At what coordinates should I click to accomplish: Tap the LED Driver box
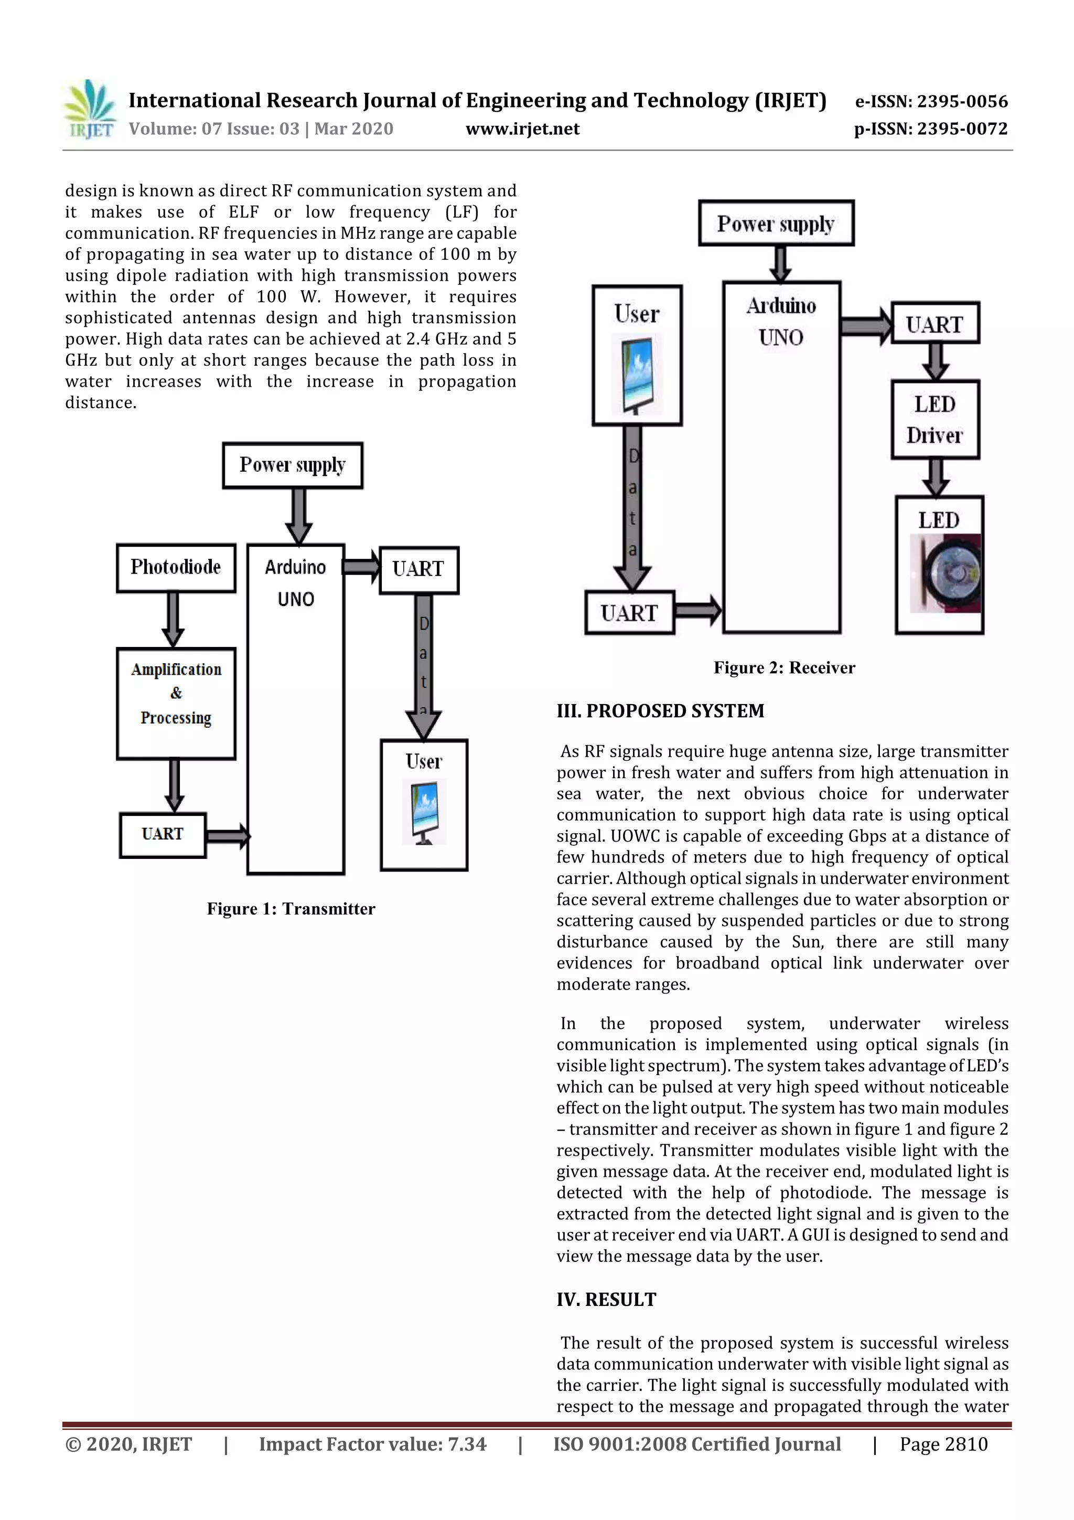[x=935, y=420]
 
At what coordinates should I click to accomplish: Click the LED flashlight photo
[x=946, y=573]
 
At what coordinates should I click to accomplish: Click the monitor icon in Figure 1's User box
[x=424, y=811]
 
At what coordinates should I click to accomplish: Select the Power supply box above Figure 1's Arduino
[x=293, y=465]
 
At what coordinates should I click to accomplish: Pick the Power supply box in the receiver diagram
[x=776, y=224]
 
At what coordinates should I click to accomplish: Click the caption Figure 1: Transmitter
[x=291, y=909]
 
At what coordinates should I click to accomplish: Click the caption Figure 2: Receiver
[x=784, y=667]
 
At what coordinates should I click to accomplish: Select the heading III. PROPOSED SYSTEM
[x=660, y=711]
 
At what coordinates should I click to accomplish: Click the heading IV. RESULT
[x=606, y=1300]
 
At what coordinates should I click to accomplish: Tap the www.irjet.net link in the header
[x=522, y=129]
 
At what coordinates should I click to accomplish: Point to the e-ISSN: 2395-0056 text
[x=931, y=101]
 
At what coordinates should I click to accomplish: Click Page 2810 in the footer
[x=943, y=1444]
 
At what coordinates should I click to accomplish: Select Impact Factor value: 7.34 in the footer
[x=372, y=1444]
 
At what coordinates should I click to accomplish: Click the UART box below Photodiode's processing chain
[x=163, y=835]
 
